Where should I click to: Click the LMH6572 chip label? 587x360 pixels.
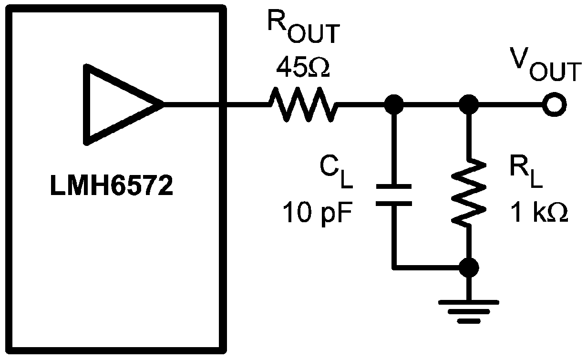[111, 187]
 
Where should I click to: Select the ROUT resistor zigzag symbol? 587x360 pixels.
[304, 104]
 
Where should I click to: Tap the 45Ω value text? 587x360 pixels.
[303, 68]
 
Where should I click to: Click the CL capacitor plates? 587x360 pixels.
[393, 195]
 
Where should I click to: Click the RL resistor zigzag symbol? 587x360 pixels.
[468, 192]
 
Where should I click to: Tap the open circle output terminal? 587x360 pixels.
[553, 104]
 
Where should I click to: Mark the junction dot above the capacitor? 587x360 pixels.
[393, 104]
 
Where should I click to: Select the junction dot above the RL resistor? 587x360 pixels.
[468, 104]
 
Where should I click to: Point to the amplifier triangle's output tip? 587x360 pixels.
[162, 104]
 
